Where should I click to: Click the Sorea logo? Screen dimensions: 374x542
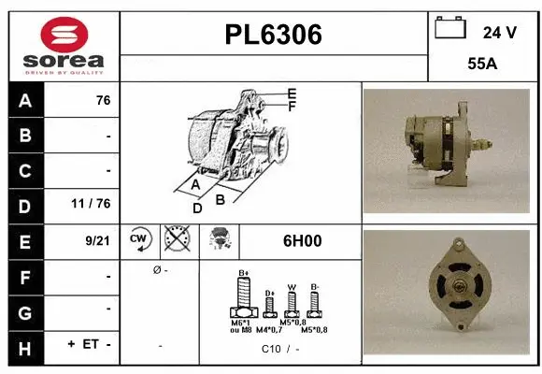click(x=64, y=45)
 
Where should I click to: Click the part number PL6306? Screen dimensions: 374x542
click(x=274, y=36)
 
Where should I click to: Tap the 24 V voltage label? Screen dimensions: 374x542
click(x=499, y=32)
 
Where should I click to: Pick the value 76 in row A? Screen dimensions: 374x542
click(x=103, y=101)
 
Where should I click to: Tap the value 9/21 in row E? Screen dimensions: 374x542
click(x=97, y=240)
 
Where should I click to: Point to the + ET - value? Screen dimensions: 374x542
click(x=89, y=344)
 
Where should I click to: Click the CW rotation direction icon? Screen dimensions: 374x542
click(x=140, y=240)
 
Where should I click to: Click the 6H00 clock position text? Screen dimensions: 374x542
click(x=302, y=240)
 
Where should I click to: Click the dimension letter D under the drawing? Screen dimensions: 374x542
click(x=197, y=208)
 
